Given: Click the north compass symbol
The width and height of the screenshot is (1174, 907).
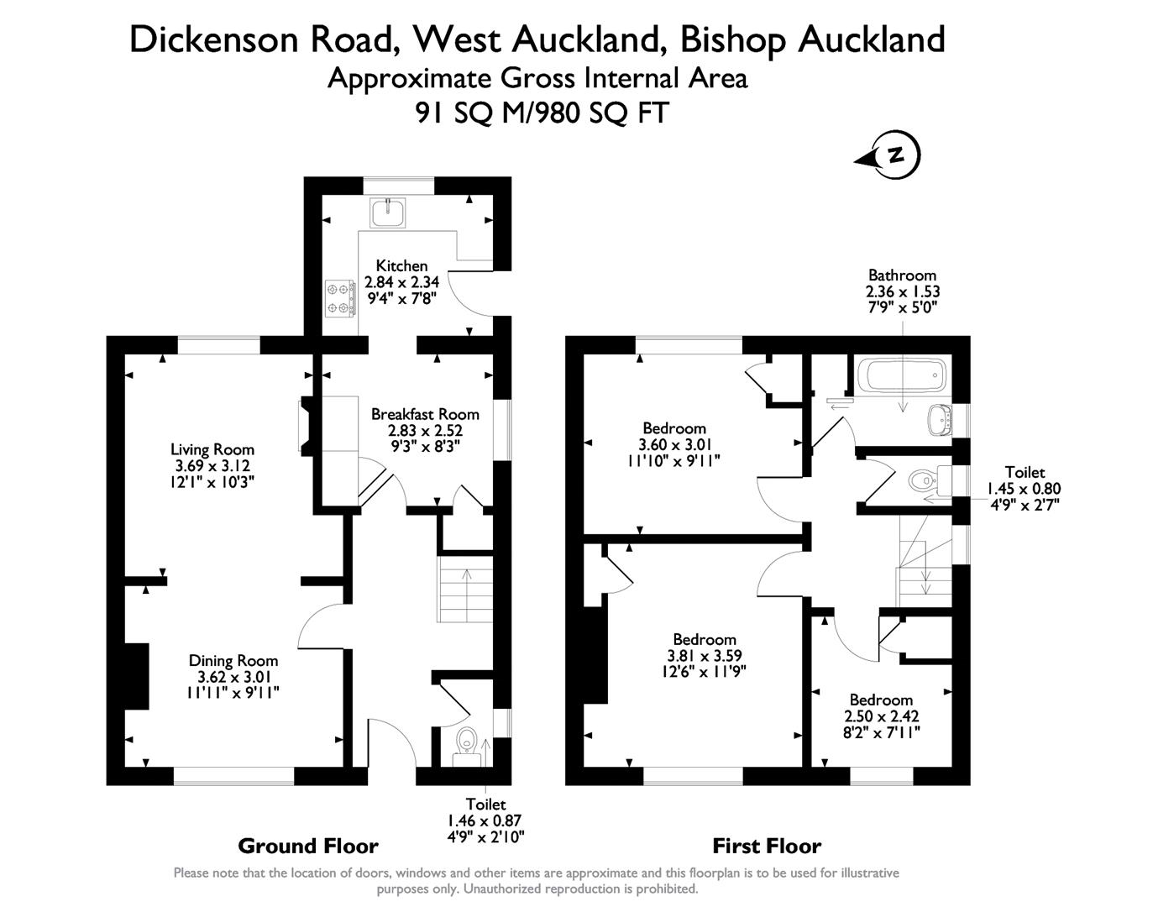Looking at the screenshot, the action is tap(888, 155).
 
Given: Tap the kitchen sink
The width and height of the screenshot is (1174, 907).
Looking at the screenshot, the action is tap(387, 212).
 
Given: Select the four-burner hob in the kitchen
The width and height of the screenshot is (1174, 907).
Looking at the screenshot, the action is tap(340, 298).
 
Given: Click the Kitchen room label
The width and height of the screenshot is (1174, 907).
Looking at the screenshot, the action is tap(401, 265).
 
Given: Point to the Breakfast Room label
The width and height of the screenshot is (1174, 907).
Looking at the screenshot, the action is tap(425, 414).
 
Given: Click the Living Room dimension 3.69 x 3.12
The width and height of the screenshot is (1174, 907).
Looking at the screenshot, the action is tap(212, 465).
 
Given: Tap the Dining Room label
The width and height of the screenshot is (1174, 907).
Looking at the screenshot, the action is tap(233, 661).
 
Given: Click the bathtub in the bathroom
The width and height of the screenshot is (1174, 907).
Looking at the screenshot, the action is tap(902, 375).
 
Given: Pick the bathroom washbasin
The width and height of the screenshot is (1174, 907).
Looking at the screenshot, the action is tap(941, 419).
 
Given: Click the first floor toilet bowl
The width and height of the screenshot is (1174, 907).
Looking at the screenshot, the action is tap(923, 480).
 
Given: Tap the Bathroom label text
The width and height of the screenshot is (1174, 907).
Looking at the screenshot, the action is tap(902, 275).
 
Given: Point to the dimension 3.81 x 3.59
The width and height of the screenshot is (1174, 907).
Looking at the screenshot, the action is tap(705, 655).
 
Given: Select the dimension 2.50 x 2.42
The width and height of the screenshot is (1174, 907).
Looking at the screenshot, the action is tap(881, 716).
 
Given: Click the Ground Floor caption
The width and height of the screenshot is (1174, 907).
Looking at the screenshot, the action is tap(308, 846).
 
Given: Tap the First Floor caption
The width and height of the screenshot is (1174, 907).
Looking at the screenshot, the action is tap(767, 846).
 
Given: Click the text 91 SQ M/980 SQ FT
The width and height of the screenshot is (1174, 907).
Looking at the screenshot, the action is tap(542, 113).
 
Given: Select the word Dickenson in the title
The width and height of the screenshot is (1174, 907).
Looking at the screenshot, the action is tap(214, 40).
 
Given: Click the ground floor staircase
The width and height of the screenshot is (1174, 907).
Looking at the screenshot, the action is tap(464, 589).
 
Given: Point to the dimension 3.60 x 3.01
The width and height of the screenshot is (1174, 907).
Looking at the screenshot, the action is tap(675, 444).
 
